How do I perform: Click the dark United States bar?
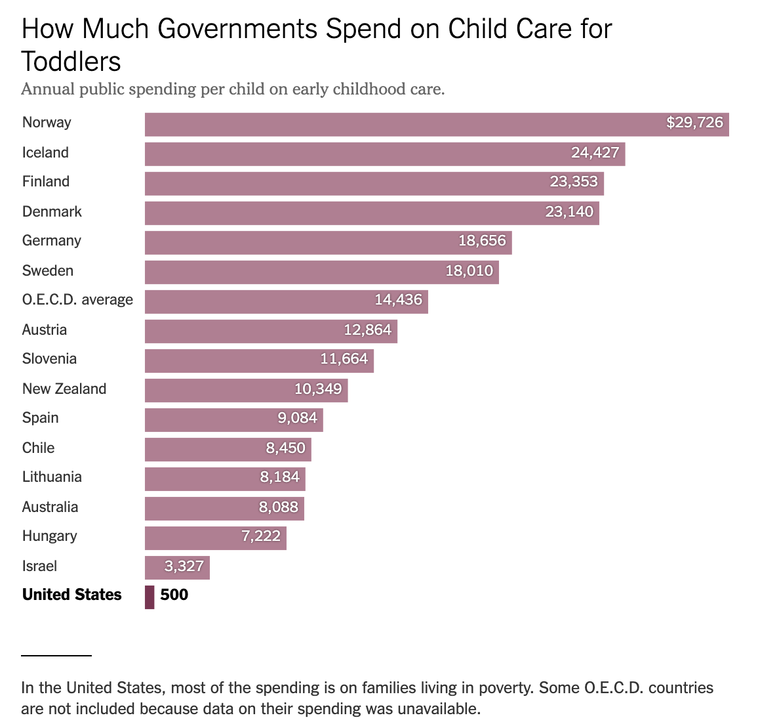pyautogui.click(x=150, y=597)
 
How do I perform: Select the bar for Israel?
pyautogui.click(x=177, y=567)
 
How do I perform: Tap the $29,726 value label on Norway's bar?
pyautogui.click(x=694, y=123)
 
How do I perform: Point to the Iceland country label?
pyautogui.click(x=45, y=152)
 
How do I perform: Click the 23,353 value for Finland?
pyautogui.click(x=574, y=182)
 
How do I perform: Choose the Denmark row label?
pyautogui.click(x=52, y=211)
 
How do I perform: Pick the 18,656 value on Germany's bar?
pyautogui.click(x=482, y=241)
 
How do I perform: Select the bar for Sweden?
pyautogui.click(x=321, y=272)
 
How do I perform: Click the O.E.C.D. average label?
pyautogui.click(x=77, y=300)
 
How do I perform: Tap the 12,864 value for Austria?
pyautogui.click(x=367, y=330)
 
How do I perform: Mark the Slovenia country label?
pyautogui.click(x=49, y=359)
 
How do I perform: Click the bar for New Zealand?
pyautogui.click(x=246, y=390)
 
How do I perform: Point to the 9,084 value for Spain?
pyautogui.click(x=297, y=418)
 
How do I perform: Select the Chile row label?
pyautogui.click(x=38, y=448)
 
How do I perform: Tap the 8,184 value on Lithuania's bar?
pyautogui.click(x=279, y=477)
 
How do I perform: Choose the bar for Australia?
pyautogui.click(x=224, y=508)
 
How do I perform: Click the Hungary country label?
pyautogui.click(x=49, y=536)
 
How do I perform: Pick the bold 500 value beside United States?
pyautogui.click(x=174, y=595)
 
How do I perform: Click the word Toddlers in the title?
pyautogui.click(x=71, y=62)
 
